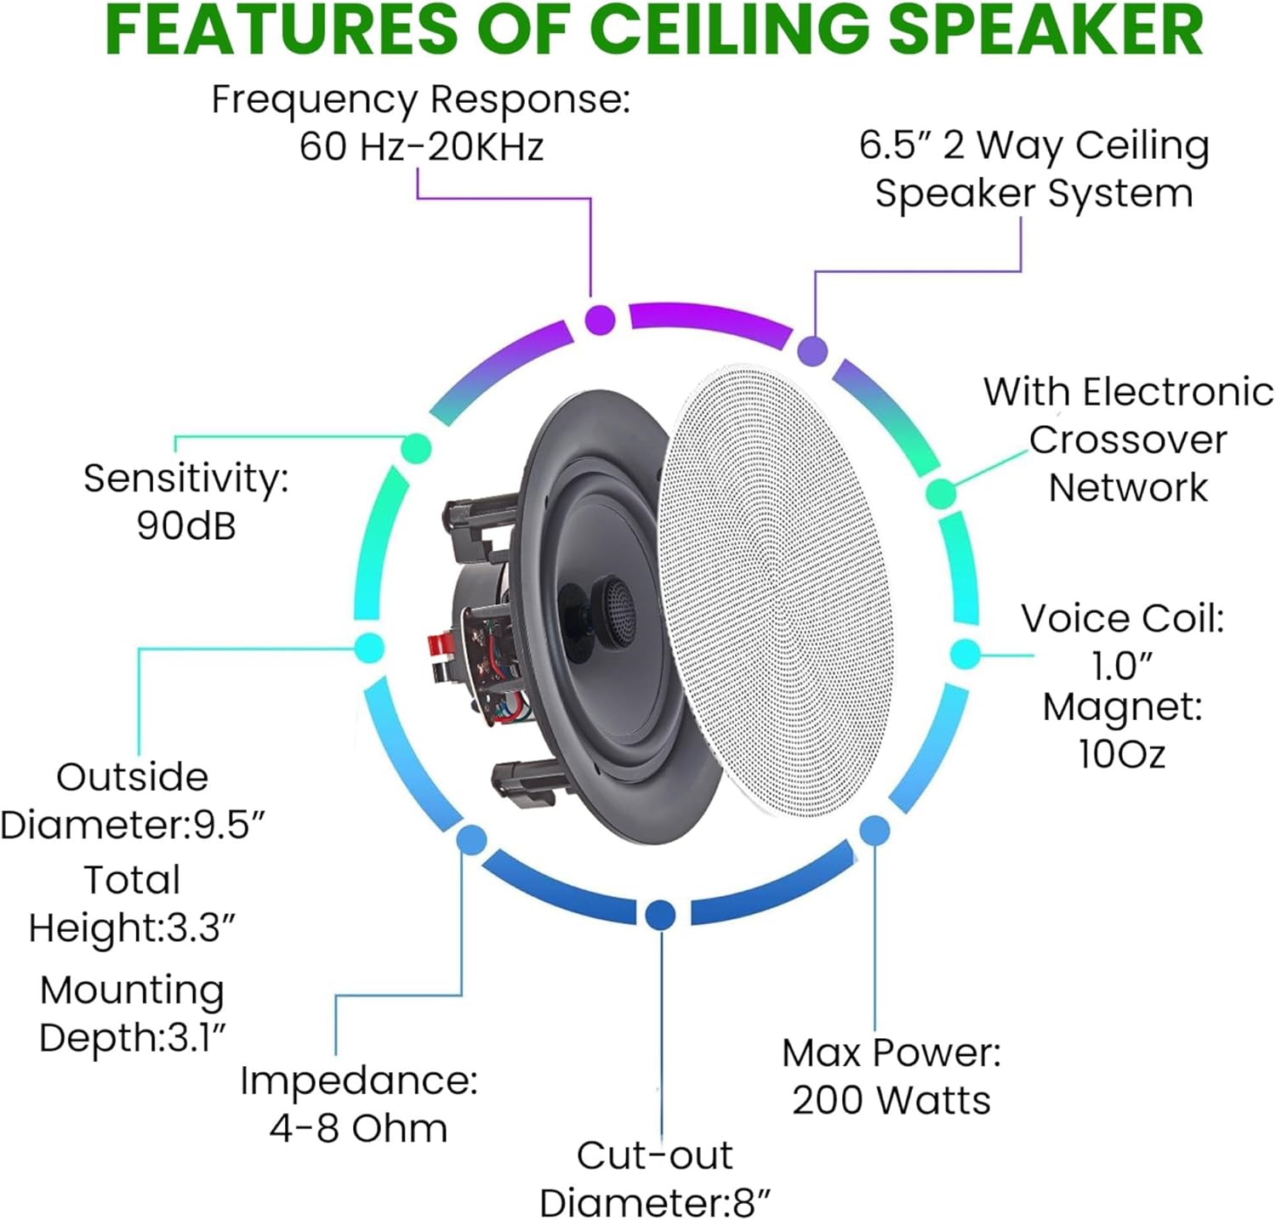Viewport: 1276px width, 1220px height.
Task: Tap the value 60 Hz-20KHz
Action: [x=421, y=147]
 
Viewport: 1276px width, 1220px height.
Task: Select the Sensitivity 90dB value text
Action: [x=186, y=526]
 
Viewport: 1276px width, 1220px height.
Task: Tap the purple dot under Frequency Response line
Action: [x=600, y=320]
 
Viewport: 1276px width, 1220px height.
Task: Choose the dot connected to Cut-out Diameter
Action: [x=660, y=915]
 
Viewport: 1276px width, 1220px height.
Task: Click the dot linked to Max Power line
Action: [x=874, y=830]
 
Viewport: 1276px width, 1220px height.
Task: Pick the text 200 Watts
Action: [x=891, y=1101]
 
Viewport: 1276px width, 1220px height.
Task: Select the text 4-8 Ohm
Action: [x=358, y=1129]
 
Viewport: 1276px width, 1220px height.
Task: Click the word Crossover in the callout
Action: [x=1128, y=440]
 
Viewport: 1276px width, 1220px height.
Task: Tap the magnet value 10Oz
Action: [x=1121, y=754]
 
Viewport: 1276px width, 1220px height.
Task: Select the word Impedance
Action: [x=358, y=1081]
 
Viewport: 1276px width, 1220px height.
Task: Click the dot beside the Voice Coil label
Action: [x=965, y=654]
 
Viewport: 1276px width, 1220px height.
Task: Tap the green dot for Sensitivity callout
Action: [x=416, y=448]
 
